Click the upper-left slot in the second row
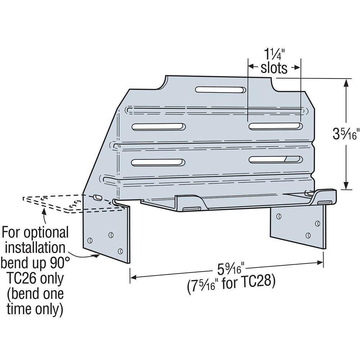click(159, 127)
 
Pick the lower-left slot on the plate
click(159, 162)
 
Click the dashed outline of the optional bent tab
click(54, 203)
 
